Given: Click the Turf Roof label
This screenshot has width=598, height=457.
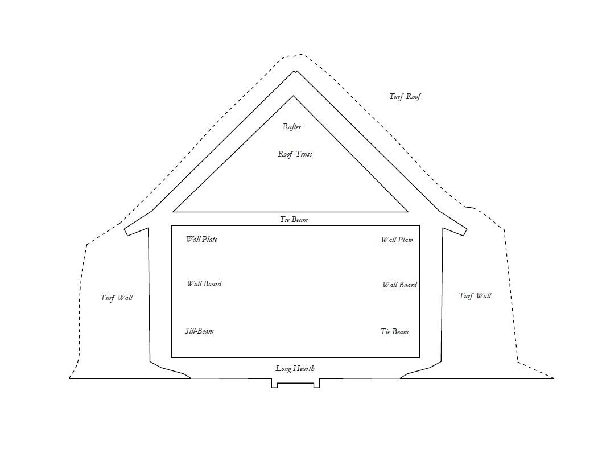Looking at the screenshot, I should click(405, 97).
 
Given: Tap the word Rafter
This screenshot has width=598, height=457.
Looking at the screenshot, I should click(292, 127).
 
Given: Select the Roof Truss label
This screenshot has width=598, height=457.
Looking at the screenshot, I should click(295, 154).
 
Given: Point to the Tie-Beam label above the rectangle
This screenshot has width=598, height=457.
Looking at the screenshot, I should click(294, 219).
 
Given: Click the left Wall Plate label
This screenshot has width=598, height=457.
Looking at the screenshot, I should click(201, 240).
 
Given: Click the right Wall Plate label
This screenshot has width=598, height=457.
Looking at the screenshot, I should click(397, 240).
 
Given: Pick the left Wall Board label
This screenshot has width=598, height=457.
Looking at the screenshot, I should click(204, 284).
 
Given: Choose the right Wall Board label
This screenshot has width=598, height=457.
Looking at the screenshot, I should click(399, 285).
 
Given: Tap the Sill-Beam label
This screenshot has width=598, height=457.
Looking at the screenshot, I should click(199, 331).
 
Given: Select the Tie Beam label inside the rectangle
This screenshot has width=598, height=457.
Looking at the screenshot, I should click(394, 332).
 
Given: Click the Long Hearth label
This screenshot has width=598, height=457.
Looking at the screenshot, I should click(295, 369).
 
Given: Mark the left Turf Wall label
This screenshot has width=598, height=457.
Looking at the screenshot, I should click(117, 298).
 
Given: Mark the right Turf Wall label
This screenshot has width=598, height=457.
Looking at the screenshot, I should click(475, 295).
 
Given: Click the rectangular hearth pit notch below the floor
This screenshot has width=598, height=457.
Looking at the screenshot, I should click(295, 384).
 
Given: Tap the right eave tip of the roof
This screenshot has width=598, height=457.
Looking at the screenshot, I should click(465, 232).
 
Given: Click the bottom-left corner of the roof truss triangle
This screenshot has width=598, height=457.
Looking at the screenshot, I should click(173, 212).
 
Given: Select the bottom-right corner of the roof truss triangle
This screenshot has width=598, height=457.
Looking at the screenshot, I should click(408, 212).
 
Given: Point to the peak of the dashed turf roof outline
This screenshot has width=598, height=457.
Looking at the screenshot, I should click(300, 55).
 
